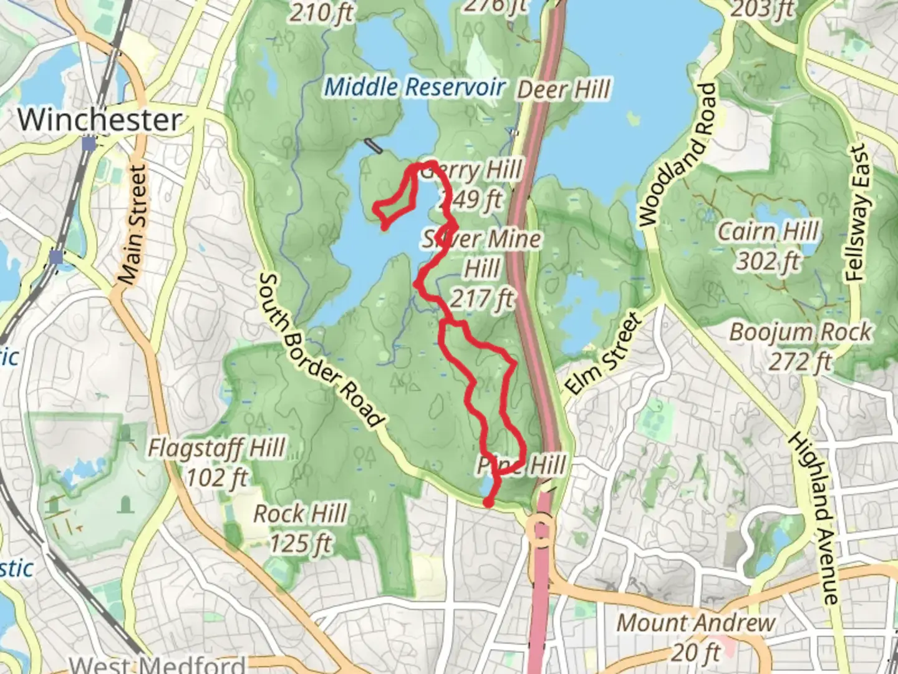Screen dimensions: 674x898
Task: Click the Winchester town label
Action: (x=100, y=119)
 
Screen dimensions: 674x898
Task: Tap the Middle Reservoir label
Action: (x=414, y=87)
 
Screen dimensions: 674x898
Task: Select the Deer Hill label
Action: (x=564, y=90)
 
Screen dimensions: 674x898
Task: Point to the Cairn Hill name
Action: (x=768, y=232)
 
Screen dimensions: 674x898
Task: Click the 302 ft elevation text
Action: (x=768, y=261)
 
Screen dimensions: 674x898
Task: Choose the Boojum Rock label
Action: (x=800, y=332)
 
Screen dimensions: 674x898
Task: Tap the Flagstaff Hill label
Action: (x=216, y=448)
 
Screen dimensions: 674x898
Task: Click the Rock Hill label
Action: (x=300, y=514)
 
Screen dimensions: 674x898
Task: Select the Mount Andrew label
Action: (x=696, y=623)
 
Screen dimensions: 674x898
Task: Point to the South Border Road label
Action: (x=319, y=350)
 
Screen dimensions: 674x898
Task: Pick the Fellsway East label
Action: (x=859, y=212)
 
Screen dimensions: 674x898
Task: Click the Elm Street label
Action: (x=603, y=354)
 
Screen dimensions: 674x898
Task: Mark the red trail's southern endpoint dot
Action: (x=489, y=501)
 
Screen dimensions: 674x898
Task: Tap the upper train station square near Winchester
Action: (x=89, y=144)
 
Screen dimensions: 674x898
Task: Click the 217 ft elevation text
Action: (x=482, y=299)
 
